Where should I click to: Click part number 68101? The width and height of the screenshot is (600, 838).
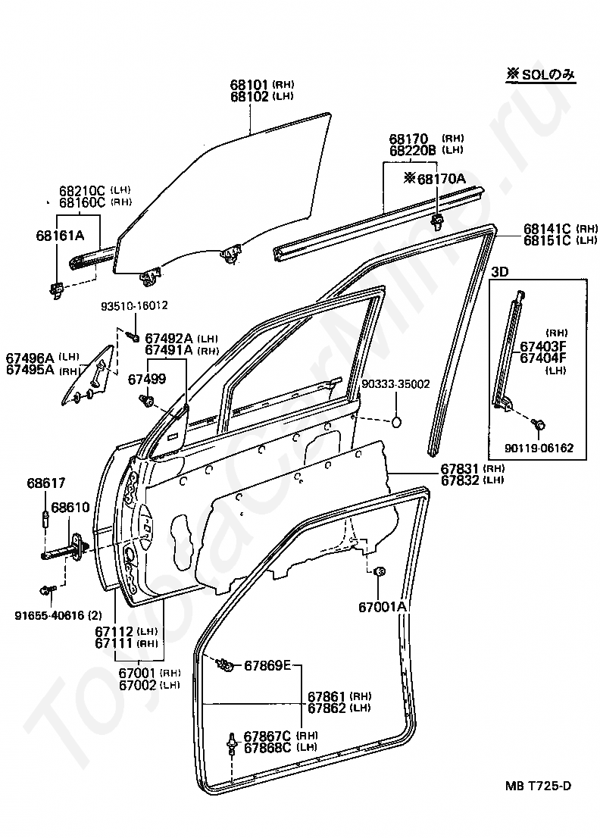pos(249,84)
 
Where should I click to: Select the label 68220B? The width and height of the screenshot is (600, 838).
pos(412,151)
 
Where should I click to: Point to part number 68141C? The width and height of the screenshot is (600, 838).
pos(547,229)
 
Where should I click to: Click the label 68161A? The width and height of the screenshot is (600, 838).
pos(60,235)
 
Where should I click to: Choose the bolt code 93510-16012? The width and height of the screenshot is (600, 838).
pos(134,305)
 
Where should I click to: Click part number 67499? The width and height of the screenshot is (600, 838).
pos(147,379)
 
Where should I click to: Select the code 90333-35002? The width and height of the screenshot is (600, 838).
pos(395,384)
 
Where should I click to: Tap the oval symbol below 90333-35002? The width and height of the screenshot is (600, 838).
pos(396,422)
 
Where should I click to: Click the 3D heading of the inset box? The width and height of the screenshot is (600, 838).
pos(499,271)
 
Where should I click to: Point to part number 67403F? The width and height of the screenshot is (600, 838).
pos(543,346)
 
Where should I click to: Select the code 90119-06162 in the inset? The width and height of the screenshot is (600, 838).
pos(539,448)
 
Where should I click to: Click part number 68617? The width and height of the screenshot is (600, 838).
pos(46,483)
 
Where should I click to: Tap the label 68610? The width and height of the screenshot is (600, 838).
pos(70,507)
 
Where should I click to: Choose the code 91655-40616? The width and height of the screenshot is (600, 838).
pos(50,616)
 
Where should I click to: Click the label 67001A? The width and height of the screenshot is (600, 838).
pos(383,607)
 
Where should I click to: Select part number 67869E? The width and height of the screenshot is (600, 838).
pos(267,665)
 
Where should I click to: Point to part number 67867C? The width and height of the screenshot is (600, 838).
pos(267,736)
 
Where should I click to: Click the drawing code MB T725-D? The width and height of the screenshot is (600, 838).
pos(538,786)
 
